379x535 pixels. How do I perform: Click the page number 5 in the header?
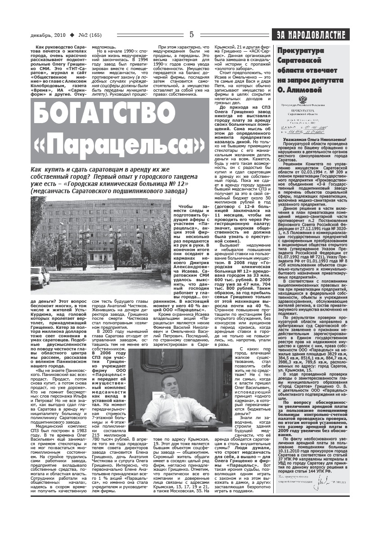click(191, 35)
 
